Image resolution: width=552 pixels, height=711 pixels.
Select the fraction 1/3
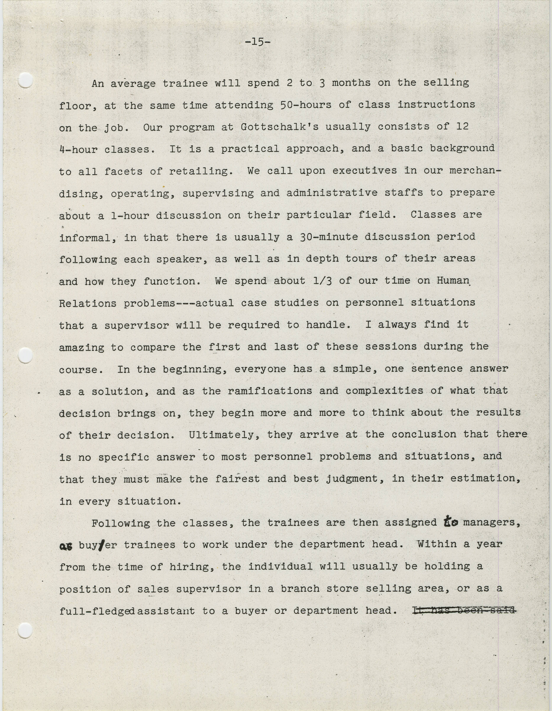point(322,281)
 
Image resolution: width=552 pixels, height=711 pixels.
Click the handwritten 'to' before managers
point(451,522)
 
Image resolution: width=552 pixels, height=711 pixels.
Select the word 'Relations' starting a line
point(88,303)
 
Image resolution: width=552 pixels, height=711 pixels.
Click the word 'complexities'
point(384,391)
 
